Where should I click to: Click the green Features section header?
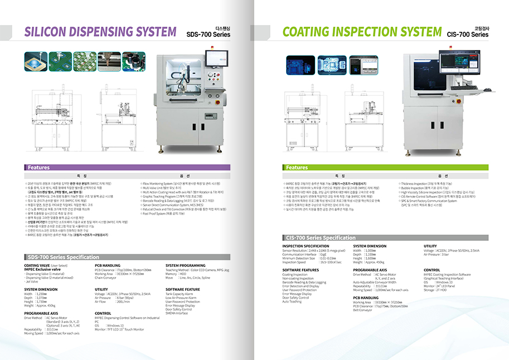tap(297, 167)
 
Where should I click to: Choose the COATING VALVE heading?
tap(39, 265)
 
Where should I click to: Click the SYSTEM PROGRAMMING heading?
tap(185, 265)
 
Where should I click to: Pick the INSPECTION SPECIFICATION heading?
tap(306, 246)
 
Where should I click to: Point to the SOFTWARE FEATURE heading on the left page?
tap(183, 289)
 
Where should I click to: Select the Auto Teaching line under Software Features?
tap(292, 301)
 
